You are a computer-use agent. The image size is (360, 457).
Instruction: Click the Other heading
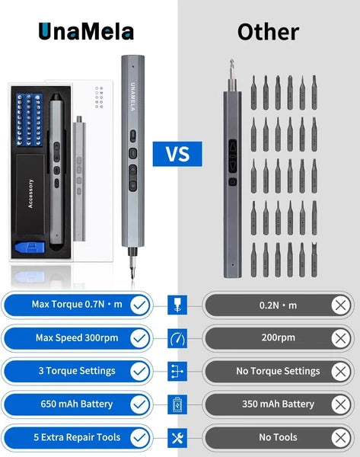click(268, 31)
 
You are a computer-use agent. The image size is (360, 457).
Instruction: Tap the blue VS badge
click(177, 155)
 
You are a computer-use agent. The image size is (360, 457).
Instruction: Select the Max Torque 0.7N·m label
click(76, 305)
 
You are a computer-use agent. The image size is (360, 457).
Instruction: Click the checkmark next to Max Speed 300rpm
click(139, 338)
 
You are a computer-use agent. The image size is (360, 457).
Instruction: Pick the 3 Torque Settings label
click(75, 371)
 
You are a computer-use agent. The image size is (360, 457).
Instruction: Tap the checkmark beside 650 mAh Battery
click(139, 404)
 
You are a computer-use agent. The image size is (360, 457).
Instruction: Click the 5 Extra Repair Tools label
click(75, 437)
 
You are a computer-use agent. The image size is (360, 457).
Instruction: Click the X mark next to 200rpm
click(341, 338)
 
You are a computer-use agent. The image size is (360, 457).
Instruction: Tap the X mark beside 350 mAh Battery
click(341, 404)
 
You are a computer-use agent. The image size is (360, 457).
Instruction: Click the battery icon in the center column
click(179, 404)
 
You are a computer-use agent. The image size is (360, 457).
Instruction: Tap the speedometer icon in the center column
click(179, 338)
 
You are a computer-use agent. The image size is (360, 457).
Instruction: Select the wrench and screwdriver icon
click(179, 437)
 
